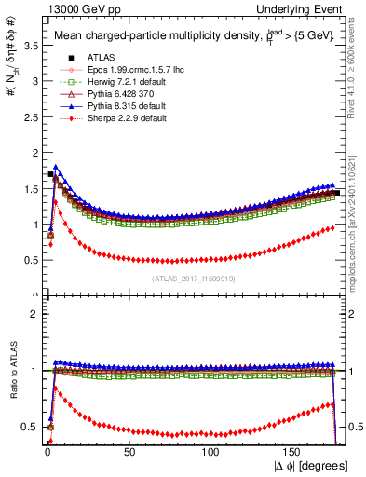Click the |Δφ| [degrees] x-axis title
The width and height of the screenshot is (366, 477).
pyautogui.click(x=311, y=466)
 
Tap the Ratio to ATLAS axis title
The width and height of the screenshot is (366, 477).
pyautogui.click(x=11, y=371)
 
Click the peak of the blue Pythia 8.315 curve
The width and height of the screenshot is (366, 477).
pyautogui.click(x=57, y=168)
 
